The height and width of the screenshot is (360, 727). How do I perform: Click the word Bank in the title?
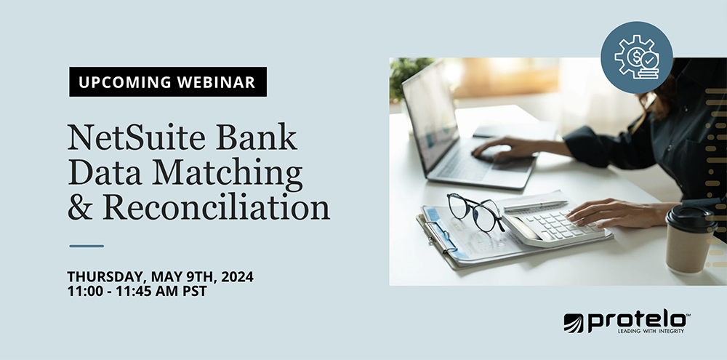pyautogui.click(x=259, y=138)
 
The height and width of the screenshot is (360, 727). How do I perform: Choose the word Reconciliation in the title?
pyautogui.click(x=217, y=207)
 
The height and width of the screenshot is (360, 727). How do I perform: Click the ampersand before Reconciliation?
pyautogui.click(x=81, y=208)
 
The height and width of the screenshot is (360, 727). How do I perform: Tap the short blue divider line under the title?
pyautogui.click(x=86, y=246)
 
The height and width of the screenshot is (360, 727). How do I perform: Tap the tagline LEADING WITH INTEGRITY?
pyautogui.click(x=650, y=331)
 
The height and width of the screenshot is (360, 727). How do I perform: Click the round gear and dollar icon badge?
pyautogui.click(x=637, y=57)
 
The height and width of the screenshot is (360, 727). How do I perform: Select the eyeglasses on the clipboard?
pyautogui.click(x=475, y=211)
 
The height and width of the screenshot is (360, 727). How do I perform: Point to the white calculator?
pyautogui.click(x=556, y=223)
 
